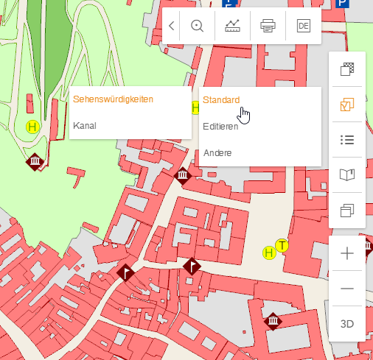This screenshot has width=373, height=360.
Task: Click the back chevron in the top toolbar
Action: tap(171, 26)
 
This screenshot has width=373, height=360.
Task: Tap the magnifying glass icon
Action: tap(197, 26)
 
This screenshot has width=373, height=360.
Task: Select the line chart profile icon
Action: tap(232, 26)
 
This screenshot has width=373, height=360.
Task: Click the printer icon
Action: tap(268, 26)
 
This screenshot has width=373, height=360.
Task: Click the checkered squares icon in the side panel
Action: tap(347, 70)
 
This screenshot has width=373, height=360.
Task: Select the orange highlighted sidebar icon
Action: tap(347, 105)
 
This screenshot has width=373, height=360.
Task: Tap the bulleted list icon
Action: tap(347, 140)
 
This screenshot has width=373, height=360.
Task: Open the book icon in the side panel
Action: tap(347, 175)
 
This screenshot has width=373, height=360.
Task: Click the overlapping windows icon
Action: tap(347, 211)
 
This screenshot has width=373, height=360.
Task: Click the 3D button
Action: tap(347, 324)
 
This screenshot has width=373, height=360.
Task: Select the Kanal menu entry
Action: tap(85, 125)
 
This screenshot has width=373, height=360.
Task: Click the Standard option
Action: tap(221, 99)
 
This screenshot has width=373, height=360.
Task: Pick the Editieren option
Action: tap(220, 126)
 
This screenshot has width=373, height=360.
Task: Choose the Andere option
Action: tap(217, 152)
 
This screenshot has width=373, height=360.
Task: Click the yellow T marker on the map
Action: tap(282, 245)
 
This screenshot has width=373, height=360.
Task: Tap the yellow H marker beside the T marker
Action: tap(269, 253)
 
